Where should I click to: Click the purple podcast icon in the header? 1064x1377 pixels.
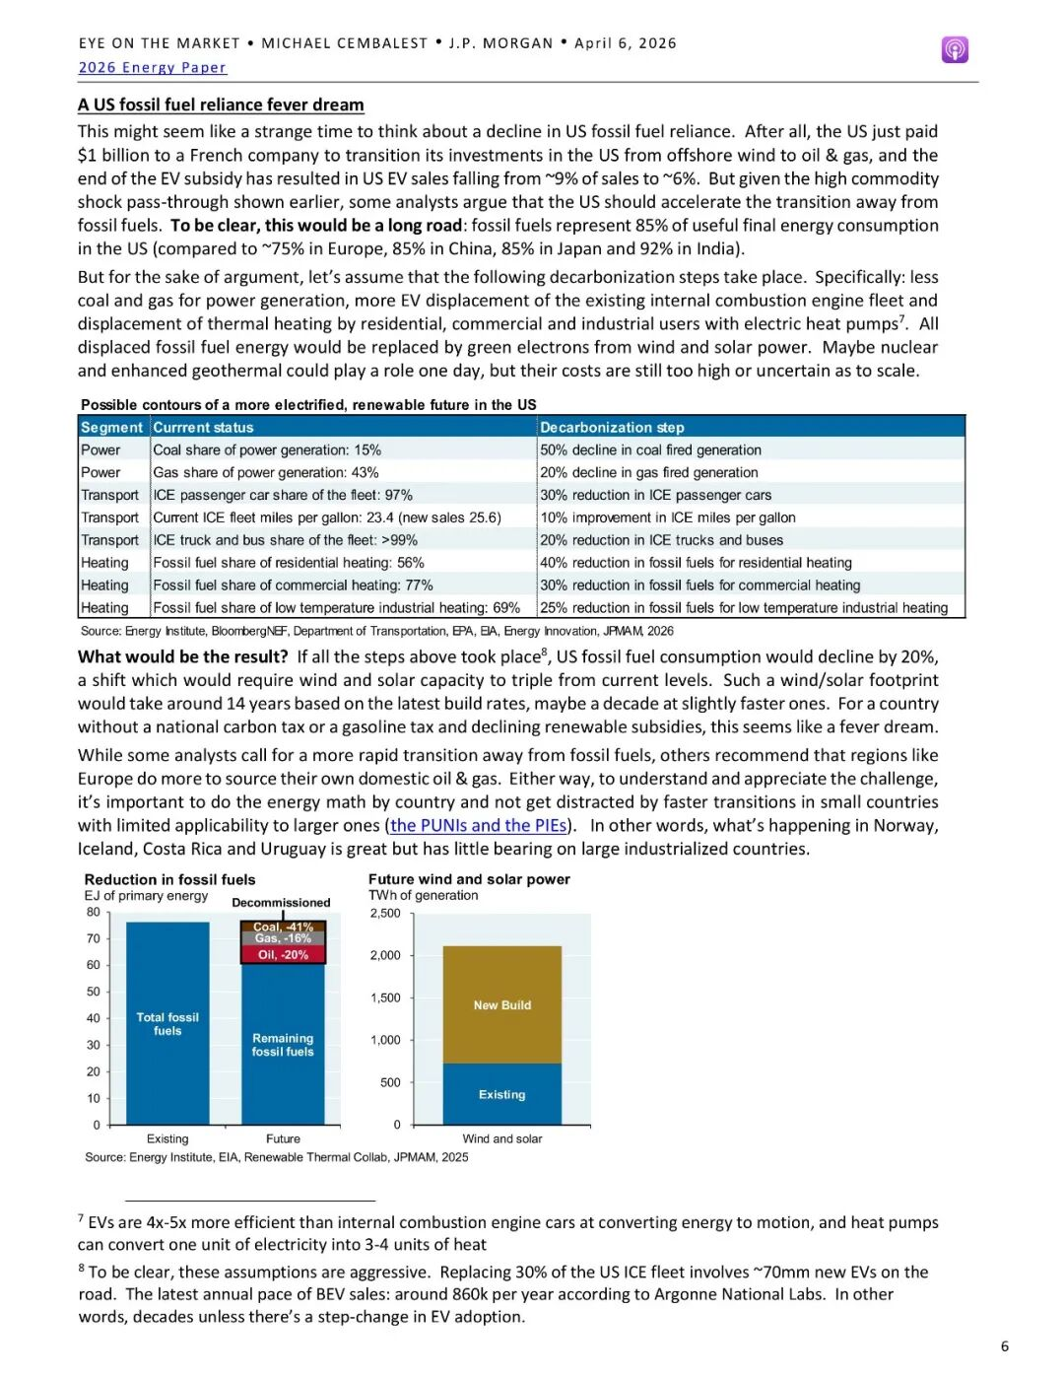pyautogui.click(x=955, y=49)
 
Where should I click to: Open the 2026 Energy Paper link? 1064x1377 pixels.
pyautogui.click(x=153, y=68)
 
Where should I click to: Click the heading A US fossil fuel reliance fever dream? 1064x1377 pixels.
pyautogui.click(x=221, y=105)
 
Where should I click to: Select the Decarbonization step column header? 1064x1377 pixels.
pyautogui.click(x=612, y=428)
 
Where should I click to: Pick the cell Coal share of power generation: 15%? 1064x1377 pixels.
pyautogui.click(x=267, y=450)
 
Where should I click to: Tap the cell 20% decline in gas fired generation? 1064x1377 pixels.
pyautogui.click(x=649, y=473)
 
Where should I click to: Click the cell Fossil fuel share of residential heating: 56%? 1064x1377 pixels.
pyautogui.click(x=289, y=563)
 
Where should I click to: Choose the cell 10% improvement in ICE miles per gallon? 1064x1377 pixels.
pyautogui.click(x=668, y=518)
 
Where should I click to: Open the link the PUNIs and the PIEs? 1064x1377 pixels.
pyautogui.click(x=478, y=826)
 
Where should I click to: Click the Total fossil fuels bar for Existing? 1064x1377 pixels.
pyautogui.click(x=167, y=1024)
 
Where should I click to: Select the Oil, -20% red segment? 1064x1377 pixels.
pyautogui.click(x=283, y=955)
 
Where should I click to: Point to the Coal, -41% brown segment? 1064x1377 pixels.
pyautogui.click(x=283, y=927)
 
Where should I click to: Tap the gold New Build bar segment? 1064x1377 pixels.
pyautogui.click(x=502, y=1005)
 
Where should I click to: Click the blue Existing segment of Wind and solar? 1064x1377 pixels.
pyautogui.click(x=502, y=1094)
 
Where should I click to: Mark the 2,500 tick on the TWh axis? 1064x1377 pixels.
pyautogui.click(x=385, y=914)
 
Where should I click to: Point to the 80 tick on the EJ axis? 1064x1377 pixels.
pyautogui.click(x=94, y=913)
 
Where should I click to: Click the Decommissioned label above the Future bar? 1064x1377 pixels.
pyautogui.click(x=281, y=903)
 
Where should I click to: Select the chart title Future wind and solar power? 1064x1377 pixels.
pyautogui.click(x=469, y=879)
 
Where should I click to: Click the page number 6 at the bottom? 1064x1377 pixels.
pyautogui.click(x=1004, y=1346)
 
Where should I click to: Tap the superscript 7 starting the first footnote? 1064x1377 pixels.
pyautogui.click(x=81, y=1218)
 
